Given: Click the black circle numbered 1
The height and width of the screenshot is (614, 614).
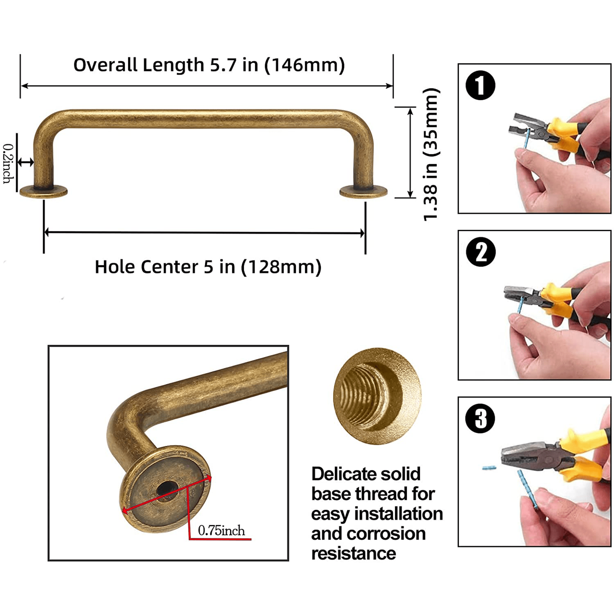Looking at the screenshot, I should pyautogui.click(x=480, y=86).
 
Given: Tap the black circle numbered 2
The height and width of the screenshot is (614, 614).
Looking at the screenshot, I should pyautogui.click(x=481, y=252).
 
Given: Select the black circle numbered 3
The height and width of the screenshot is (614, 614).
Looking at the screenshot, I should pyautogui.click(x=480, y=419).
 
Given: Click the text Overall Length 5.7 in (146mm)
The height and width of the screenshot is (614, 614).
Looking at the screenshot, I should pyautogui.click(x=209, y=65).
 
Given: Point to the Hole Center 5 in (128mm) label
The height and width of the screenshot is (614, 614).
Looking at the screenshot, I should pyautogui.click(x=208, y=267).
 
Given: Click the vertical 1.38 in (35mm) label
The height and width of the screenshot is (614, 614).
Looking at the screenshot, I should pyautogui.click(x=431, y=155).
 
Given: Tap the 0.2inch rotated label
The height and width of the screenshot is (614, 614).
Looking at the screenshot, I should pyautogui.click(x=8, y=164).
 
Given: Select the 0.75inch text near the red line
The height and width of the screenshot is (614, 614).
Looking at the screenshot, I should pyautogui.click(x=221, y=530).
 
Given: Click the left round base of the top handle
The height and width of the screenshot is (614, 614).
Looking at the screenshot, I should pyautogui.click(x=44, y=191).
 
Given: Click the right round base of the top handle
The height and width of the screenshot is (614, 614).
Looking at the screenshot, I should pyautogui.click(x=363, y=191).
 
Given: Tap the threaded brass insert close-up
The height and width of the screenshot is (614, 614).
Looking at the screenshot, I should pyautogui.click(x=377, y=396).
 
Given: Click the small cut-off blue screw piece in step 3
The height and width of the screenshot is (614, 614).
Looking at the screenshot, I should pyautogui.click(x=489, y=468).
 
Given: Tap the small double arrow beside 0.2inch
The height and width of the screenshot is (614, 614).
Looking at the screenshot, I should pyautogui.click(x=26, y=162).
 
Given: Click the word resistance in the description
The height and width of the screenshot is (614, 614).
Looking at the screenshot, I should pyautogui.click(x=353, y=553).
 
